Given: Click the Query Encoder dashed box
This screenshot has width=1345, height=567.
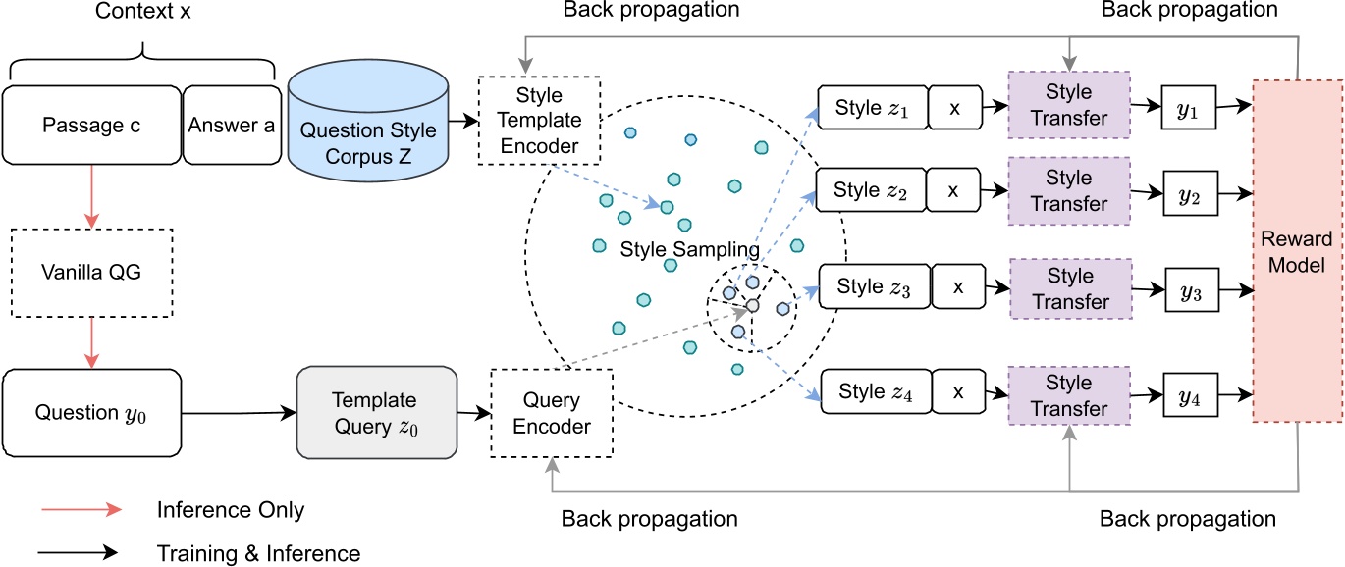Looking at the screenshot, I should (x=551, y=413).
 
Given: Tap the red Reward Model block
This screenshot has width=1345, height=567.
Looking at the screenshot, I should (x=1296, y=252).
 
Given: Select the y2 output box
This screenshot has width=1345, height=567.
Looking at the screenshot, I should (x=1191, y=191).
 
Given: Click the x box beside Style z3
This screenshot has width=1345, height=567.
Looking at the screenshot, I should (x=958, y=287).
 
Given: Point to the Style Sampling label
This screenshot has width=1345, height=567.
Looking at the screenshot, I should (x=689, y=250).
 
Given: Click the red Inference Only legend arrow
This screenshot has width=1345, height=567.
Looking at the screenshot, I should (x=81, y=510).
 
